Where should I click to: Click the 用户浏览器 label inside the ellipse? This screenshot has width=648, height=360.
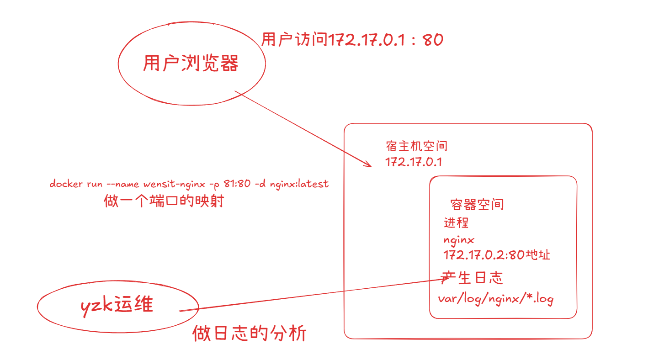coord(191,64)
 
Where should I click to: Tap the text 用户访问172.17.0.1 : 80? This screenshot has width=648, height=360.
coord(352,40)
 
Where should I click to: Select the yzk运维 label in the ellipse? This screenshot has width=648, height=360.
coord(117,305)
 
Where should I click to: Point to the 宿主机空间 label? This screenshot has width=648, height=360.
coord(416,146)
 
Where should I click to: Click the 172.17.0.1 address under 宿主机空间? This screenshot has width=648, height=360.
coord(414,162)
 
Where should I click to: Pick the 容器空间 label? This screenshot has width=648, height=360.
coord(477,204)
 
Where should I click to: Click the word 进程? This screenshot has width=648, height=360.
coord(456,223)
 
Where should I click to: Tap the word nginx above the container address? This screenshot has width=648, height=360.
coord(459,239)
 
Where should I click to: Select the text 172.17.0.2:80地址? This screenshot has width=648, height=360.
coord(496,254)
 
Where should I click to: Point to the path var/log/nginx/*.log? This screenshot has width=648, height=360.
coord(496,299)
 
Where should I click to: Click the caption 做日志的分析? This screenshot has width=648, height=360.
coord(250,334)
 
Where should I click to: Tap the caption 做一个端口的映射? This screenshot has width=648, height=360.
coord(164,201)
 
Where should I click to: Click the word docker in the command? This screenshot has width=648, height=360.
coord(63,184)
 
